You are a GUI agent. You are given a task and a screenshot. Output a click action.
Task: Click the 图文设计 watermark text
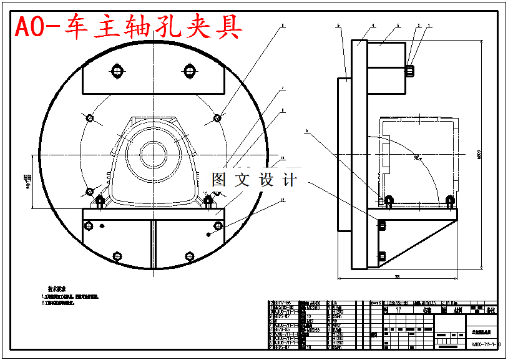click(x=254, y=180)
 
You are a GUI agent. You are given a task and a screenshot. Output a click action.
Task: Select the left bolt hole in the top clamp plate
click(x=116, y=70)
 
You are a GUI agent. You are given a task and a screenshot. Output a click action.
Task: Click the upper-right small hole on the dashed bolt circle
click(x=218, y=117)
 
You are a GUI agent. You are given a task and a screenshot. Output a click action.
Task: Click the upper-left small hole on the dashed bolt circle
click(x=89, y=118)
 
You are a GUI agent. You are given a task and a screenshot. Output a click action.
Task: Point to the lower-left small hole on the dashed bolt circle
click(x=89, y=191)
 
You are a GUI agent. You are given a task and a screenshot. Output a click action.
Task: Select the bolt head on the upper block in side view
click(x=411, y=71)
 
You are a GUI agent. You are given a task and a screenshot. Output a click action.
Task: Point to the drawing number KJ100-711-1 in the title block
click(x=482, y=344)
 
